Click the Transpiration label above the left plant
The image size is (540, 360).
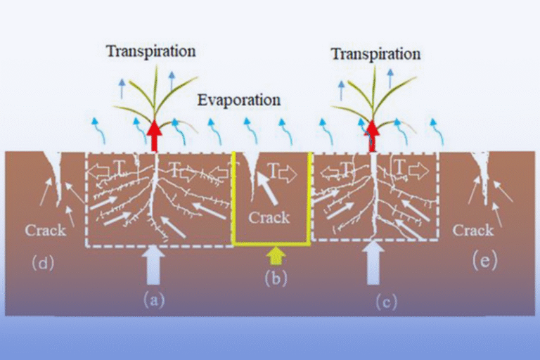click(x=150, y=51)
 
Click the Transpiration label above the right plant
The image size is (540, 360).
click(x=375, y=53)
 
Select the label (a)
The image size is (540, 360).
click(x=155, y=300)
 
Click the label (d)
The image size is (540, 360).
click(x=43, y=264)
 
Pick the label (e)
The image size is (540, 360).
click(x=484, y=262)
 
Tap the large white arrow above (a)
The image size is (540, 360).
click(x=155, y=266)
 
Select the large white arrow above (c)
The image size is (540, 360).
click(x=373, y=262)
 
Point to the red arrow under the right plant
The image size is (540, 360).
click(x=371, y=134)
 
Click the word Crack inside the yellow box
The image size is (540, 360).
click(x=269, y=217)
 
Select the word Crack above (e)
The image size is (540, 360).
click(x=472, y=230)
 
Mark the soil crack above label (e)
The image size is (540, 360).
click(x=483, y=172)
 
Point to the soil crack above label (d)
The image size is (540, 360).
click(x=56, y=172)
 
